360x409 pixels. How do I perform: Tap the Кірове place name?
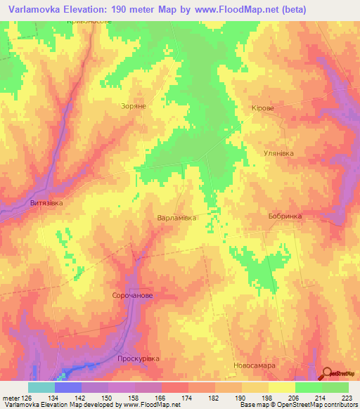(x=262, y=109)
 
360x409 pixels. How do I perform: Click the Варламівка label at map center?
(x=176, y=218)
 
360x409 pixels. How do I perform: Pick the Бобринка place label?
(x=285, y=216)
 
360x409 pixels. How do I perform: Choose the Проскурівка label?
(x=139, y=358)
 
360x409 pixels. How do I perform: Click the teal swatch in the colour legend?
(x=41, y=387)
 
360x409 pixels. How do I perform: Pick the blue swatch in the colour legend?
(x=67, y=387)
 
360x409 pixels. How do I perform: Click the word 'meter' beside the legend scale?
(x=10, y=398)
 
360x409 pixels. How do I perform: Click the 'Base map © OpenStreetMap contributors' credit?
(x=299, y=405)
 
